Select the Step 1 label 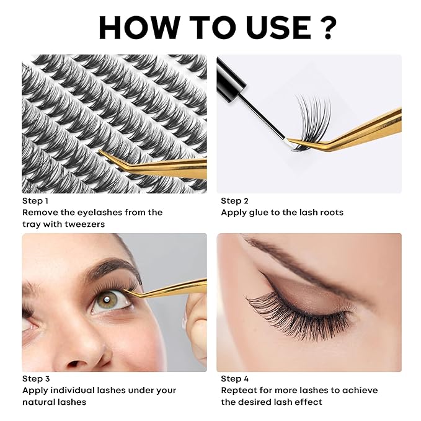click(x=35, y=201)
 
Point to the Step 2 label click(x=234, y=201)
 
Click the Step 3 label click(x=35, y=379)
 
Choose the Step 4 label click(x=234, y=379)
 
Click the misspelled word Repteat click(x=239, y=391)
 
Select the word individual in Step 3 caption click(x=75, y=391)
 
